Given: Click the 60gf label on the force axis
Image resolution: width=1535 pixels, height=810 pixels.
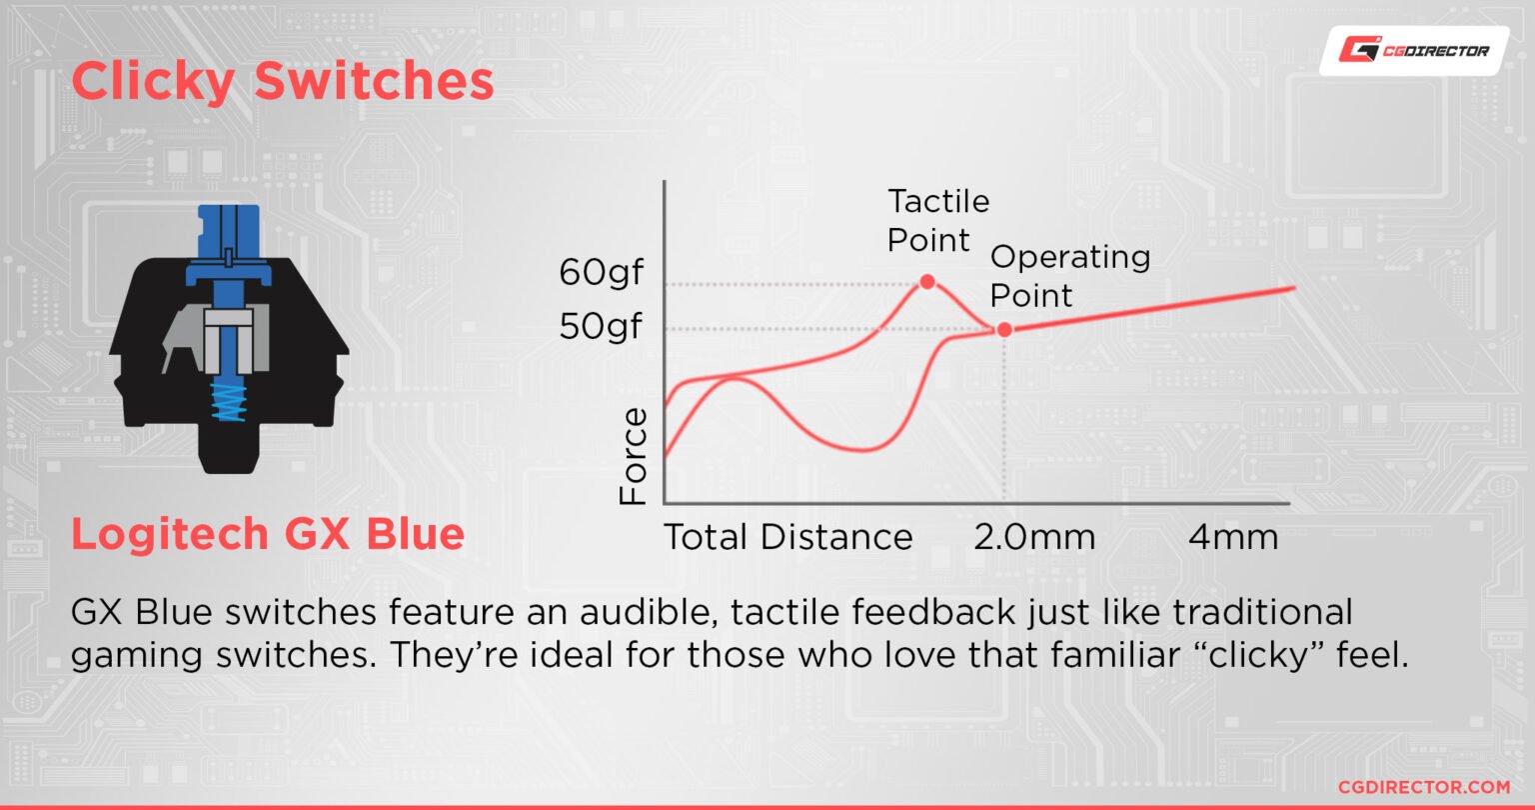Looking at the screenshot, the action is [601, 273].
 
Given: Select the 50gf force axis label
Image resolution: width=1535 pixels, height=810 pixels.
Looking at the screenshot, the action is [601, 326].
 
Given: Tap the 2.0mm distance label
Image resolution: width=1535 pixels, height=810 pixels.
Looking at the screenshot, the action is [1034, 537].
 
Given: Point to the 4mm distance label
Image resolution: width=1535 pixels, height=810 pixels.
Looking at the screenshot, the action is [1233, 537].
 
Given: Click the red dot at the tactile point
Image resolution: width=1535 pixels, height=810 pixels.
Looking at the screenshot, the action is [927, 281].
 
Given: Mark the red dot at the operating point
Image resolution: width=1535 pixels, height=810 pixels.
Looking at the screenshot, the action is [1004, 330].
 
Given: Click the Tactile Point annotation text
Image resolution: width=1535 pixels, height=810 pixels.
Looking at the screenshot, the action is [938, 221].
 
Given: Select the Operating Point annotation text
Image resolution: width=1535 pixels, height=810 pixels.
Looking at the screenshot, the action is [1069, 276].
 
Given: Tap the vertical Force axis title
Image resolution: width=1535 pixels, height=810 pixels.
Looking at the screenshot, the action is [633, 456].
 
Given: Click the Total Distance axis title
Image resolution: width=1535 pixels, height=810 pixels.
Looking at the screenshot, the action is [788, 537].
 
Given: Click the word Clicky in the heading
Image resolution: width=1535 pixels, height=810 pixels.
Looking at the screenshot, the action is [153, 82].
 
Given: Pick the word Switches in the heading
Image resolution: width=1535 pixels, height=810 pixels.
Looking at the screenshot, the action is [374, 81].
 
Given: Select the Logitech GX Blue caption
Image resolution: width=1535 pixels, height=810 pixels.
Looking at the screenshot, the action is [268, 534].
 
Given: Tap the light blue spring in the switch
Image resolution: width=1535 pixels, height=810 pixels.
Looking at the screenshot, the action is [228, 402].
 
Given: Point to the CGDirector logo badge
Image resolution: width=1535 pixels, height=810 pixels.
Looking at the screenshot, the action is [1414, 51].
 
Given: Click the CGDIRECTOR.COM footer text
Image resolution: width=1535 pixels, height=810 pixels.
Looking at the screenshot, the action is [1424, 787].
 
